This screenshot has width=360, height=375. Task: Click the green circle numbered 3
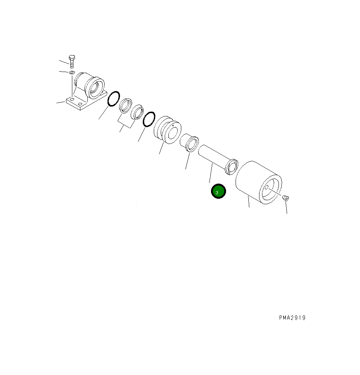pos(218,191)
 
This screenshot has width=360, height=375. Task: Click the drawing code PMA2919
pos(292,318)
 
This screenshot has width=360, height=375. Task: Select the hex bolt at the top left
pos(72,61)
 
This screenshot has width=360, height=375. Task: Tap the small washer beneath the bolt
pos(72,72)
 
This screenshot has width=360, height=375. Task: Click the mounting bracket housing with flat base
pos(86,91)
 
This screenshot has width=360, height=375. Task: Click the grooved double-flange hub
pos(167,130)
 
